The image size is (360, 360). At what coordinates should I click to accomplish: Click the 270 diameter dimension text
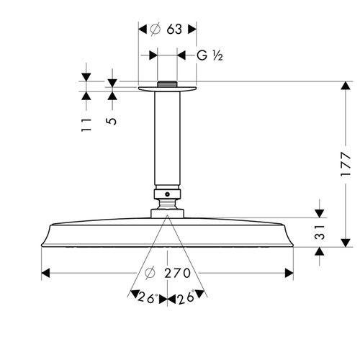(178, 273)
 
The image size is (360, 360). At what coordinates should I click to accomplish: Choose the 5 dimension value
(112, 120)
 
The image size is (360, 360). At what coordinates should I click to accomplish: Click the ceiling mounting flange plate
(166, 89)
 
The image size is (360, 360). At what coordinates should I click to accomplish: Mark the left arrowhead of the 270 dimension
(45, 273)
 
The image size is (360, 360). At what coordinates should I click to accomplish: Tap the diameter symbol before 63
(153, 29)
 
